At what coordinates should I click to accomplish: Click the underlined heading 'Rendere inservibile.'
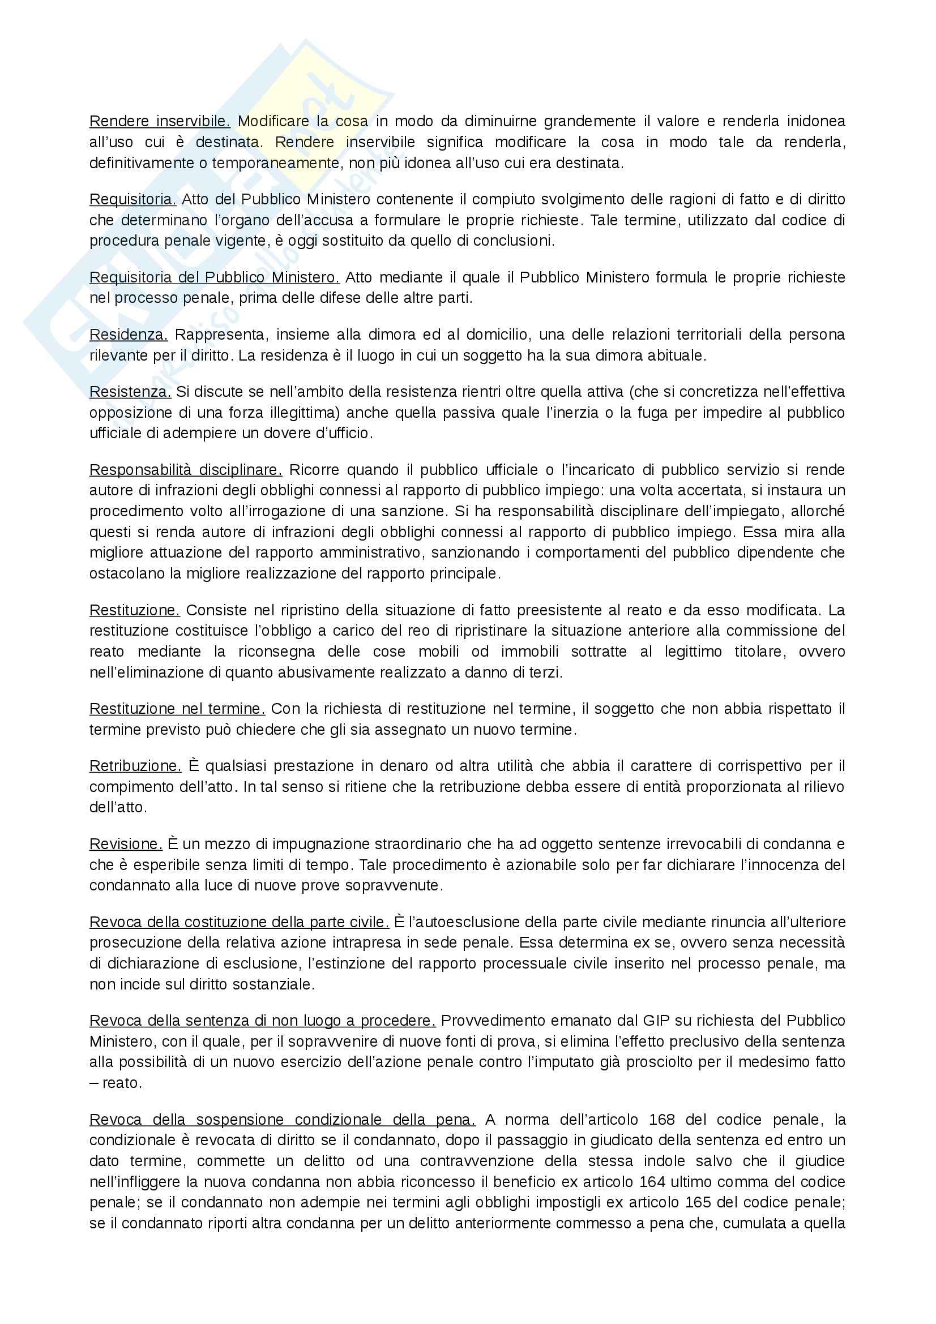tap(160, 122)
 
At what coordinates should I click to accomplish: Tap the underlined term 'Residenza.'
tap(129, 335)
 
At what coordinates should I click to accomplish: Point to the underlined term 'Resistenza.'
tap(130, 392)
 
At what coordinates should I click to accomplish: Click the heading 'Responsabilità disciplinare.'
tap(186, 470)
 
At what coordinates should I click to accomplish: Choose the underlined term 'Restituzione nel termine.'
tap(177, 709)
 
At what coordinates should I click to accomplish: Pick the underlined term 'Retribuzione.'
tap(135, 766)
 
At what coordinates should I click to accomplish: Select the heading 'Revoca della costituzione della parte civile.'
tap(240, 922)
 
